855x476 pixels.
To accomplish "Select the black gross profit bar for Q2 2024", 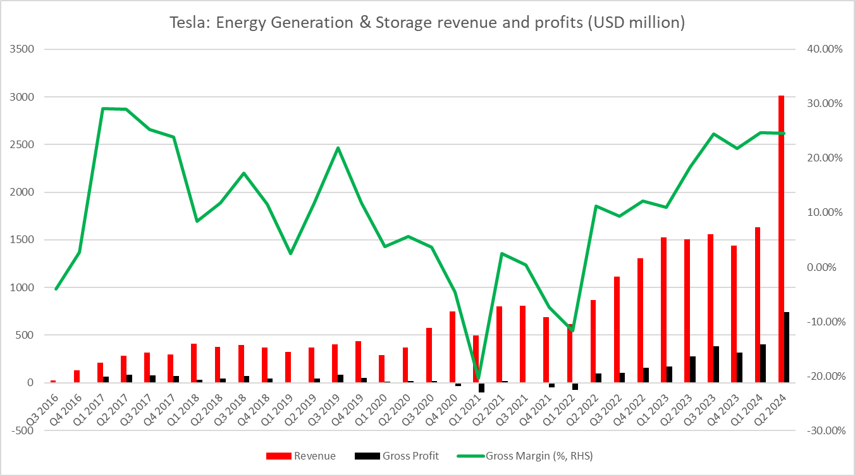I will tap(787, 348).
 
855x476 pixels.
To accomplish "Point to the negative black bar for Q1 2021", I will tap(482, 387).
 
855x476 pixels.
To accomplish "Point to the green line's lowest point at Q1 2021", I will tap(478, 378).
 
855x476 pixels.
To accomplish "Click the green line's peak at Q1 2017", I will tap(103, 109).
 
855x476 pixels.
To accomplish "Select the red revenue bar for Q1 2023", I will tap(664, 310).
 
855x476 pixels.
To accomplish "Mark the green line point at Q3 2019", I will tap(338, 148).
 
